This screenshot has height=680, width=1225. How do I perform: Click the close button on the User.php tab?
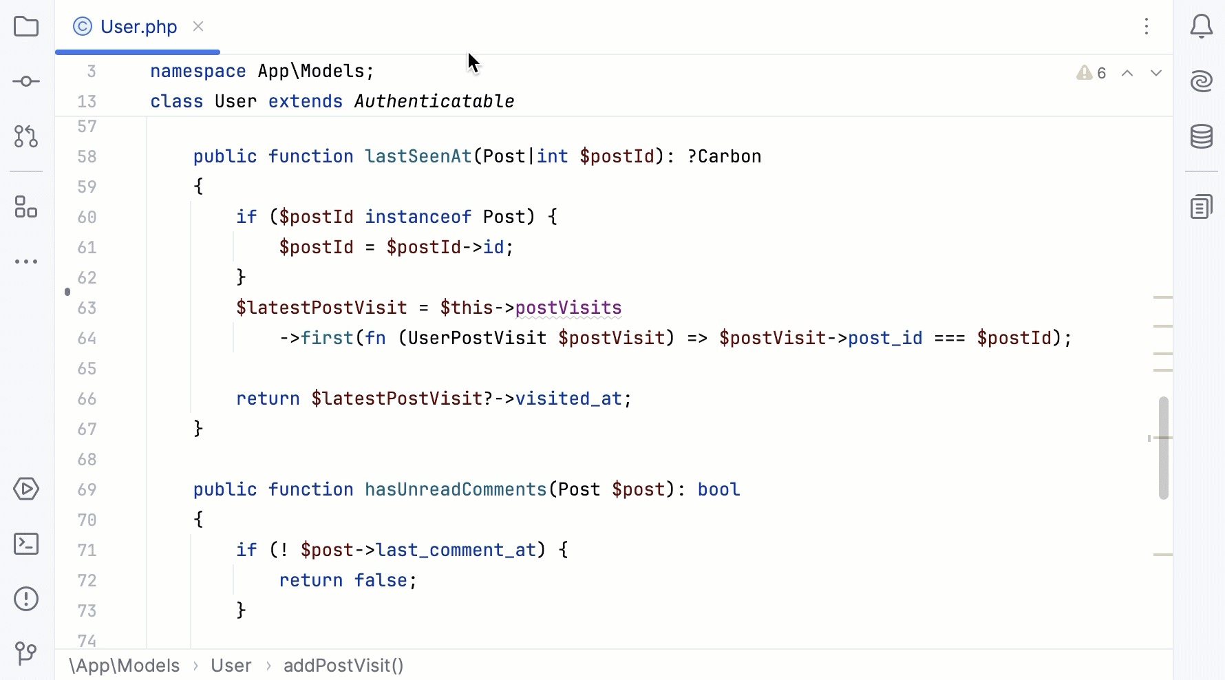click(198, 26)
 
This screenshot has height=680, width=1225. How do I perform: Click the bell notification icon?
click(1201, 27)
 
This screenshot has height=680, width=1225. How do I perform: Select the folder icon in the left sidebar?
click(26, 27)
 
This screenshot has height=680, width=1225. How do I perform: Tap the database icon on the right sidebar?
click(1201, 136)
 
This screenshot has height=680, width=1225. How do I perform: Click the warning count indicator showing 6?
click(1092, 73)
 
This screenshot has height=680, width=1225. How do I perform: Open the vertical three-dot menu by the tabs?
click(1147, 27)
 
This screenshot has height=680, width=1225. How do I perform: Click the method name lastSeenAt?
click(418, 156)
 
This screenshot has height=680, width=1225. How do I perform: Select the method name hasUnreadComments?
click(455, 489)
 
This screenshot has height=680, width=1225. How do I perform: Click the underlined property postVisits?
click(568, 308)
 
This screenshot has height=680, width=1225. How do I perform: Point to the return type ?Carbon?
click(724, 156)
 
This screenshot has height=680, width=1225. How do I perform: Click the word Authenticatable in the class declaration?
click(434, 101)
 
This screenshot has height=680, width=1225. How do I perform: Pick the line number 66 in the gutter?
click(87, 399)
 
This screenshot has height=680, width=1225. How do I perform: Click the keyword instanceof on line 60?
click(418, 217)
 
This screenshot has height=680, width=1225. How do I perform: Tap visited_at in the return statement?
click(568, 399)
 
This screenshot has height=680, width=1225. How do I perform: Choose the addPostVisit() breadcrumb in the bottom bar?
click(343, 666)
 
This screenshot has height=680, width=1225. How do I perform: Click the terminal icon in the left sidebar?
click(26, 544)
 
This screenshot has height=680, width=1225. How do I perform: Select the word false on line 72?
click(381, 580)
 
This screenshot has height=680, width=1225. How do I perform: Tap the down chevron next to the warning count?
click(1156, 73)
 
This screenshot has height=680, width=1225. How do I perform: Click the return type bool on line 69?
click(718, 489)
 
